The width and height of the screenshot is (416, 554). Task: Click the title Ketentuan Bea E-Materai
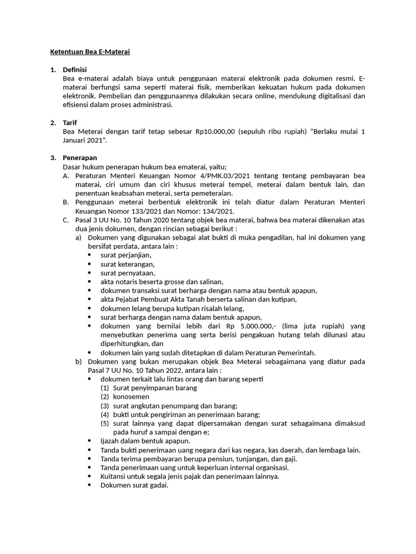[90, 52]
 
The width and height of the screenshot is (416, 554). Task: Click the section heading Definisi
[75, 70]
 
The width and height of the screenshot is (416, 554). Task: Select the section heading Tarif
[70, 123]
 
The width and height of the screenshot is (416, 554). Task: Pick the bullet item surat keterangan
[127, 264]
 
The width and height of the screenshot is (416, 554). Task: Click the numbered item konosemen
[131, 397]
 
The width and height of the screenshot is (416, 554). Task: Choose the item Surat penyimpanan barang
[155, 388]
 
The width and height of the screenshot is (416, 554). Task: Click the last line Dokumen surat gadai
[134, 485]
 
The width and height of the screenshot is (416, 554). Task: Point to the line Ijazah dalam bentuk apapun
[141, 441]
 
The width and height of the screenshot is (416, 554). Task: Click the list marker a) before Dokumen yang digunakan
[78, 238]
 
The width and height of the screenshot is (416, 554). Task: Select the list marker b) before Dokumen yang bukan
[78, 361]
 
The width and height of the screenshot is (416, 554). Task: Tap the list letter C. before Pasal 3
[66, 220]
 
